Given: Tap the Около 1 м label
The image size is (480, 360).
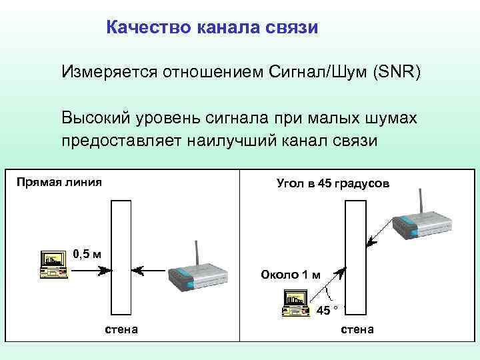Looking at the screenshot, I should (290, 275).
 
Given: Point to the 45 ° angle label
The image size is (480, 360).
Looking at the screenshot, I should (327, 310).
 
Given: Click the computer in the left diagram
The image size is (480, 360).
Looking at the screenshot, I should (54, 263).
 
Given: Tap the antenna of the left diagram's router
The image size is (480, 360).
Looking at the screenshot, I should (197, 254).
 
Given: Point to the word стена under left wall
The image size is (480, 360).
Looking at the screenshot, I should (122, 329).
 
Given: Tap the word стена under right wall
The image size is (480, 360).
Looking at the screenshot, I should (357, 329).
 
